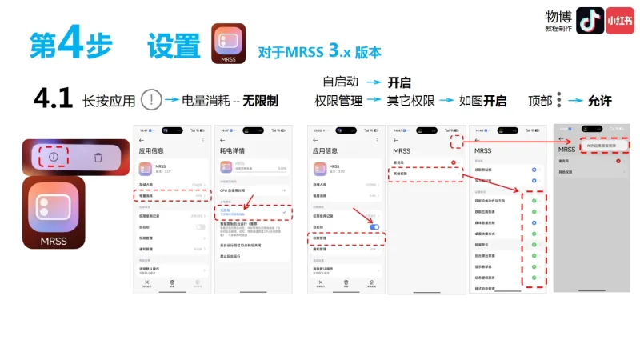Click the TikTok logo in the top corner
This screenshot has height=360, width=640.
point(590,22)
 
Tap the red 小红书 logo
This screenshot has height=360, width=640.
point(619,22)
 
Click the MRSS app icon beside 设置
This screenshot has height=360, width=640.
point(228,44)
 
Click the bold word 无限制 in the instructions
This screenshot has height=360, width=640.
point(261,101)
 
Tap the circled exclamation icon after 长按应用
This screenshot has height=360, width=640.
point(151,100)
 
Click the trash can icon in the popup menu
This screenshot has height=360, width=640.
point(98,157)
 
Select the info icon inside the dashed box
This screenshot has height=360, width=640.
point(54,157)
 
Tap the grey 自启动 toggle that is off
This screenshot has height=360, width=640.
point(200,227)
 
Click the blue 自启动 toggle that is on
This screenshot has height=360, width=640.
point(374,227)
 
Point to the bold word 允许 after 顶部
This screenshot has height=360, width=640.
point(599,101)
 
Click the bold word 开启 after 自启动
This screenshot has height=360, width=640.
point(398,82)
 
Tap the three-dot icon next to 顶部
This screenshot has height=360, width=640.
point(559,100)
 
